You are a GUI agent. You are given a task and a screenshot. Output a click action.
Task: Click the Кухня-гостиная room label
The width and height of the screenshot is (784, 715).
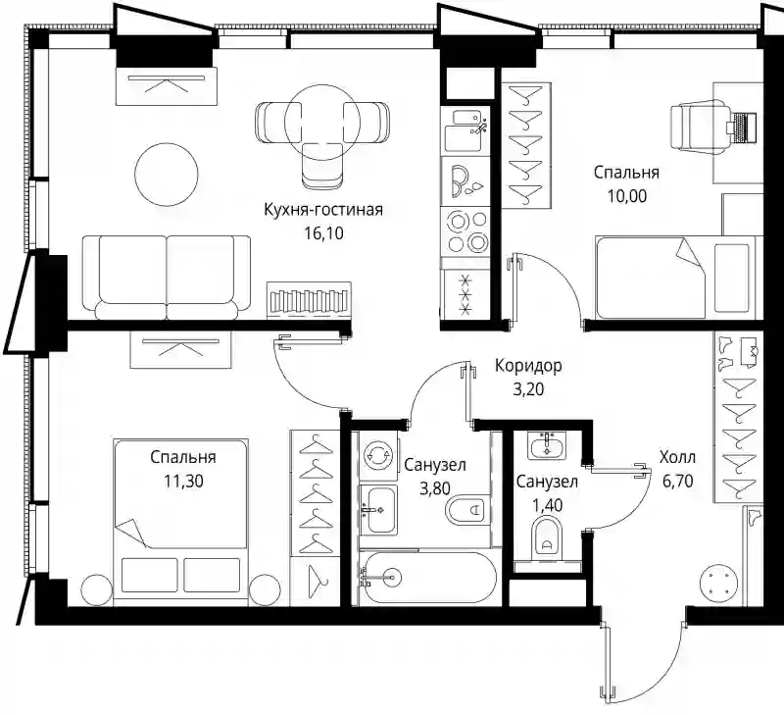click(x=323, y=210)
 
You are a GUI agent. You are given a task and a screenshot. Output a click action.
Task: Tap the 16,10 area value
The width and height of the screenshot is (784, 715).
click(x=324, y=233)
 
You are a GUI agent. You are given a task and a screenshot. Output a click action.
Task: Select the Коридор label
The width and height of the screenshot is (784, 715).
click(x=528, y=366)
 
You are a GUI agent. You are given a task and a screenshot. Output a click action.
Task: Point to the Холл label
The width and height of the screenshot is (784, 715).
click(x=677, y=457)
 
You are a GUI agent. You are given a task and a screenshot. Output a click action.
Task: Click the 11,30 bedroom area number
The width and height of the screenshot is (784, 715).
click(x=183, y=481)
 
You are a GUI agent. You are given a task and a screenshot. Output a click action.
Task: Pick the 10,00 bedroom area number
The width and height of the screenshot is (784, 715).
click(x=627, y=196)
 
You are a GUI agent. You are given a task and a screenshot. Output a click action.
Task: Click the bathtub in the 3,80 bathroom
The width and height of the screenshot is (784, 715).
click(x=428, y=579)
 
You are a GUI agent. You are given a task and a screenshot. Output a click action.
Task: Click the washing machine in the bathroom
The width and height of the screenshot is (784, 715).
click(x=378, y=455)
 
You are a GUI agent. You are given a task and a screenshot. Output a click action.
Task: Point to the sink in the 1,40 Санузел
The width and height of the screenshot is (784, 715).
click(x=546, y=445)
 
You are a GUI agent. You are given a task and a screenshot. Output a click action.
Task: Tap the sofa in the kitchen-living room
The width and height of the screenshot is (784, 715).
click(x=167, y=278)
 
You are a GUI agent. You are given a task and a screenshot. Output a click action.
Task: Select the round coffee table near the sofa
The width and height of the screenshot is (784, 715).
click(x=167, y=175)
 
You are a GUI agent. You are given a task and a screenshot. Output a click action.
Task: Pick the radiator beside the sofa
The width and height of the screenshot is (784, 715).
click(x=309, y=299)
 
